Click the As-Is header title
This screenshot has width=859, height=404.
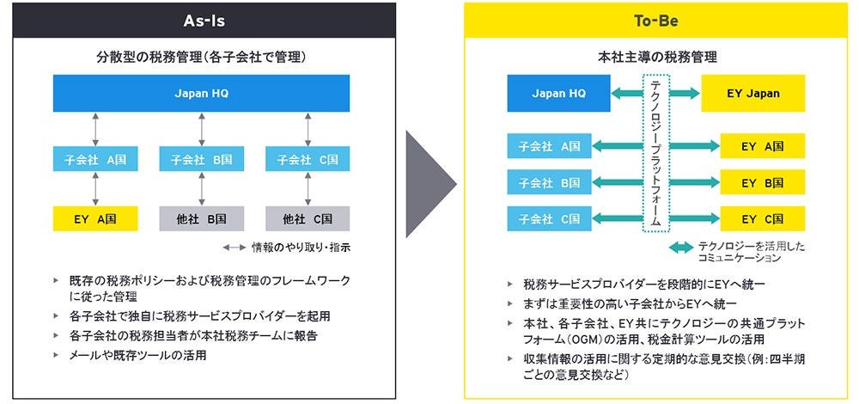pos(204,19)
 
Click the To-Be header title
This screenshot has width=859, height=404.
pos(656,19)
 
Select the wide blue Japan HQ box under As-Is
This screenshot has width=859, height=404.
pos(202,94)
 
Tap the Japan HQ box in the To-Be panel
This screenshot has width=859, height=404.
pos(559,94)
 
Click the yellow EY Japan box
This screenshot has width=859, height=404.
pos(752,94)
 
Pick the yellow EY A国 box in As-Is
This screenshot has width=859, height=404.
pos(94,218)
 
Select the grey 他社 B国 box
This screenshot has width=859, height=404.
pos(202,218)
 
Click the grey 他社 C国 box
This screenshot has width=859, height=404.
pos(308,218)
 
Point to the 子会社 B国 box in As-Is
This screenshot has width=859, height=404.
pos(202,160)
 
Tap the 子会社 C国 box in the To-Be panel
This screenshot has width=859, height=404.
pos(550,218)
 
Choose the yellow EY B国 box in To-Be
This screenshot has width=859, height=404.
pos(763,182)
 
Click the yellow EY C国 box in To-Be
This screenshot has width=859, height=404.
pos(763,218)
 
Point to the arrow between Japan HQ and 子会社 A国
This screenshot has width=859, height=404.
pos(95,128)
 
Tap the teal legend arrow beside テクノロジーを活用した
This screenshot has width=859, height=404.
pos(681,248)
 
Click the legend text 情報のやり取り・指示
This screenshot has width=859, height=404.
pos(301,248)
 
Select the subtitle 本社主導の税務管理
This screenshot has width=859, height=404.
pos(656,58)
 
